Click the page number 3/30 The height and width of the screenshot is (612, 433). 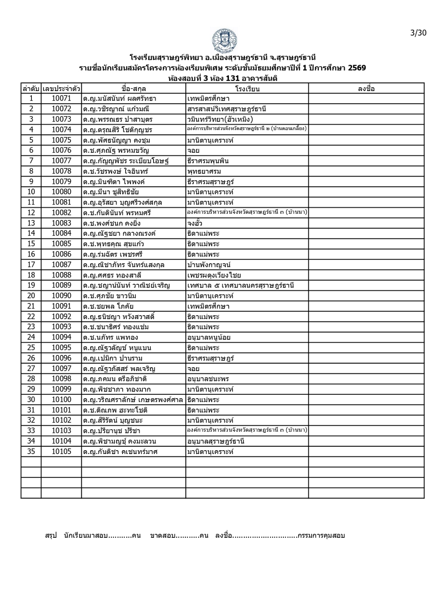point(418,33)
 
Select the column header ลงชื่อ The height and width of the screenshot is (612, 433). point(366,89)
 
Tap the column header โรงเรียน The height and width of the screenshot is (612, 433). point(247,89)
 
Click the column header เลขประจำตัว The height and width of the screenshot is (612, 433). point(61,89)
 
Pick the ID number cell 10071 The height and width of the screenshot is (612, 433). point(61,99)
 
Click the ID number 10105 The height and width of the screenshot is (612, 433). point(61,452)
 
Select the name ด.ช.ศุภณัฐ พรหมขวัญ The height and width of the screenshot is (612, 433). point(116,151)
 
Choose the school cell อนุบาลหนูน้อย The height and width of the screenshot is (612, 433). point(209,337)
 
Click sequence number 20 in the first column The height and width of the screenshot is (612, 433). point(31,296)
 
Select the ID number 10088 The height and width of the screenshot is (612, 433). point(61,275)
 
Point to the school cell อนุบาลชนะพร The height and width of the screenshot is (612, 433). point(208,379)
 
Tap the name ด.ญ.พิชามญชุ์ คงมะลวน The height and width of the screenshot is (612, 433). point(119,441)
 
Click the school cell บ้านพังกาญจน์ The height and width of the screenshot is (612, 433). point(209,265)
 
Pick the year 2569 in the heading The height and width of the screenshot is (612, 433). point(357,68)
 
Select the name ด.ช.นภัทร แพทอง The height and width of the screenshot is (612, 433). point(111,337)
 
